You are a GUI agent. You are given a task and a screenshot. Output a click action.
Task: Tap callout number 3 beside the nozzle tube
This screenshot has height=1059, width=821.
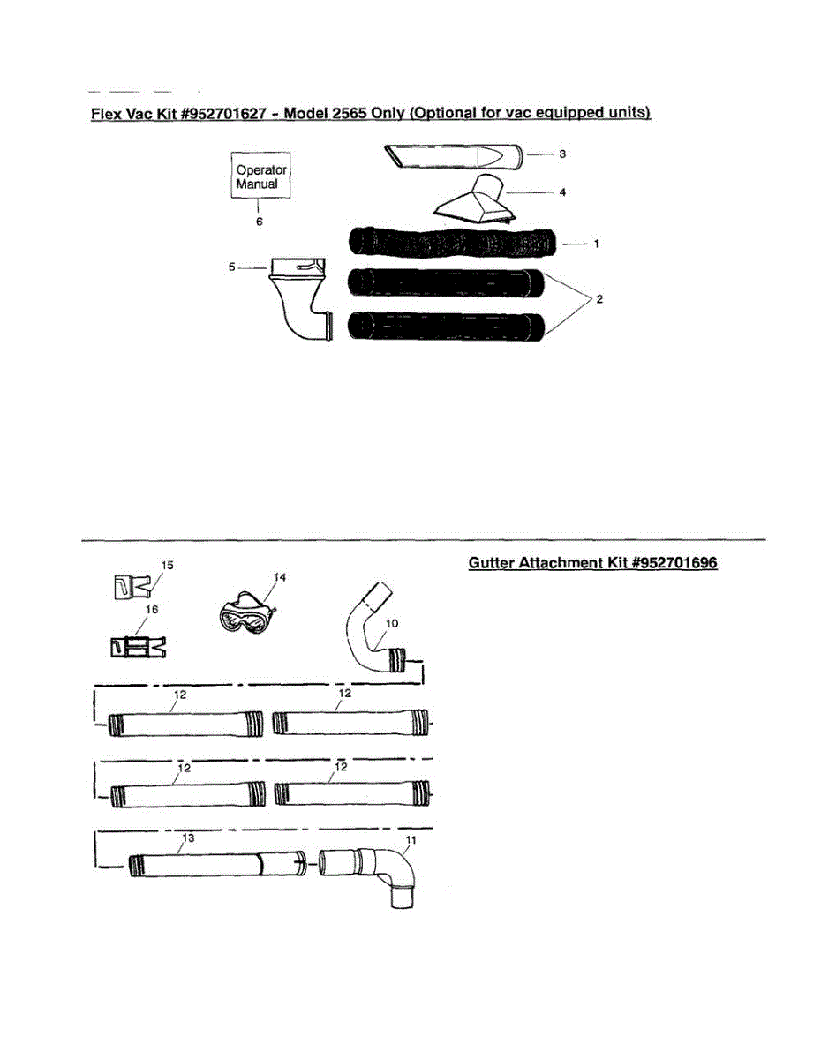coord(562,154)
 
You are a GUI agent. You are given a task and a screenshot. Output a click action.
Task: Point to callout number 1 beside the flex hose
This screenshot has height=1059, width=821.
coord(597,244)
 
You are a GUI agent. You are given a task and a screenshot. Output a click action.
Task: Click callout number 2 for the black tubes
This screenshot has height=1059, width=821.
coord(599,300)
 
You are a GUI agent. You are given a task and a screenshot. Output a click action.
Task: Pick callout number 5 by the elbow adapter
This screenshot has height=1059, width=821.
coord(232,265)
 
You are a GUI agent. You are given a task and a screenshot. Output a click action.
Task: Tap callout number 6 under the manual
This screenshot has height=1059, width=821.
coord(260,222)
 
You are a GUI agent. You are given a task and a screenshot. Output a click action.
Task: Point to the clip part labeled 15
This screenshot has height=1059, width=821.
coord(130,584)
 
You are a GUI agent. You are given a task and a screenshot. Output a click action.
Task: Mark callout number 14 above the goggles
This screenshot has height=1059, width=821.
coord(280,576)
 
